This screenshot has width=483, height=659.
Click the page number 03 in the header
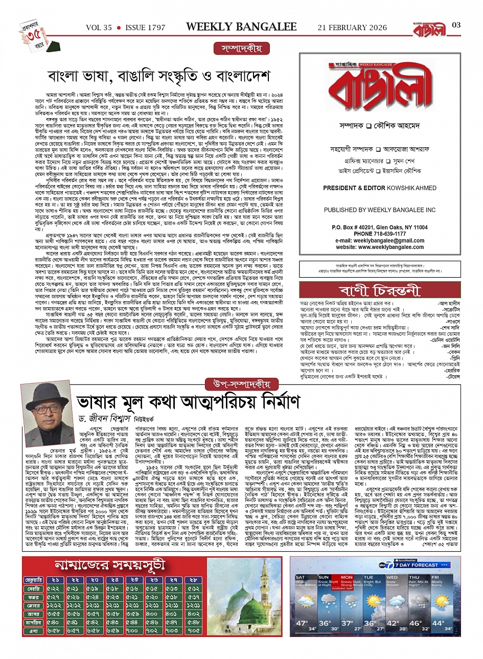pos(456,25)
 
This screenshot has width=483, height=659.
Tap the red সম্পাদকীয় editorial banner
pos(242,49)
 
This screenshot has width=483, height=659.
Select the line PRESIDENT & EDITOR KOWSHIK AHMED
pos(379,188)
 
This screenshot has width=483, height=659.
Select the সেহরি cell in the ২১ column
pos(55,589)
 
